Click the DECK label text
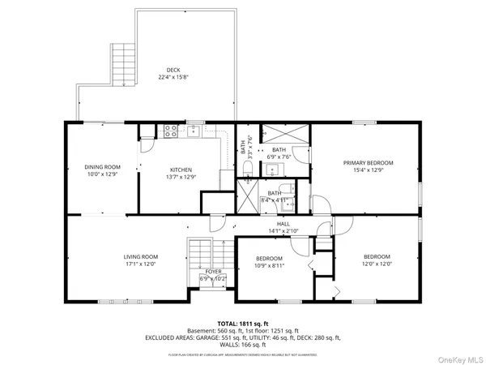point(173,70)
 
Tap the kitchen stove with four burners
point(171,130)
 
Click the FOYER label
point(213,272)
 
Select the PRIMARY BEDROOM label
point(367,163)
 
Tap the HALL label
point(283,225)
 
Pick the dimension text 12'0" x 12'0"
point(377,263)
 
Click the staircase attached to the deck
point(123,62)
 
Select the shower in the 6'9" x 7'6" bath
point(285,134)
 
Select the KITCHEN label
point(180,170)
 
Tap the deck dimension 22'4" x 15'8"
point(173,78)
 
